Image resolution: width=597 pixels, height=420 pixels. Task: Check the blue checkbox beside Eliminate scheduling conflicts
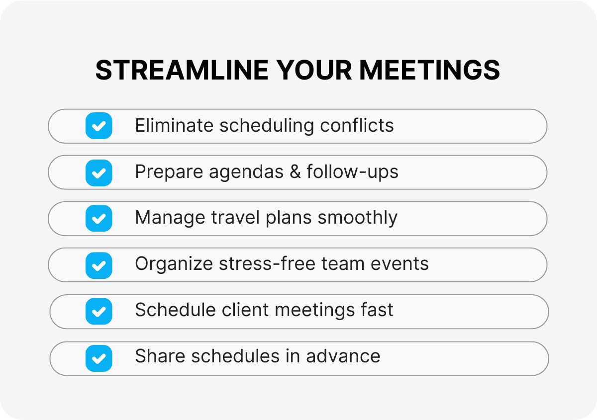99,126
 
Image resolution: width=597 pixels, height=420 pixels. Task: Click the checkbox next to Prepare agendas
99,172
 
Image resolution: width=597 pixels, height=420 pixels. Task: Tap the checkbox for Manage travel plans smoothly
99,218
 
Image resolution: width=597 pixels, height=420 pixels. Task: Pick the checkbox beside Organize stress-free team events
99,265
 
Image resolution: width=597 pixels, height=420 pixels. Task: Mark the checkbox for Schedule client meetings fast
99,311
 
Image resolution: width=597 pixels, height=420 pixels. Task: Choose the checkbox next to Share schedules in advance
99,358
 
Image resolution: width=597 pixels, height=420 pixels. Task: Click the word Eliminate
174,126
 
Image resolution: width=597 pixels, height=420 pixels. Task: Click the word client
245,310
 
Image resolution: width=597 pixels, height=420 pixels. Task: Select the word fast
377,310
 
